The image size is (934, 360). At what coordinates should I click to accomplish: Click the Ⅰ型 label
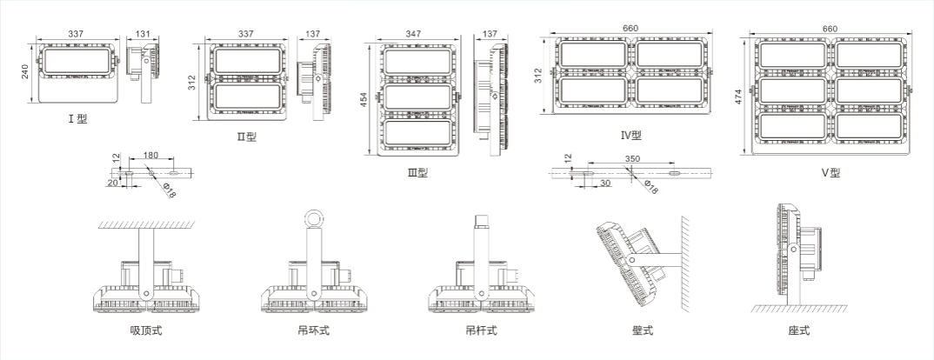coord(77,118)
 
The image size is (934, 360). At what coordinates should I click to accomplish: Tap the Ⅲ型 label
coord(417,172)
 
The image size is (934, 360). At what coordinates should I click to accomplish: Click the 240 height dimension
coord(26,70)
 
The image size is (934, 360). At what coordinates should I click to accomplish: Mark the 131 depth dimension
coord(142,35)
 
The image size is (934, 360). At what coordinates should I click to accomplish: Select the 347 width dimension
coord(413,34)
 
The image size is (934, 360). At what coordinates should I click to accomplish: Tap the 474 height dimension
coord(737,95)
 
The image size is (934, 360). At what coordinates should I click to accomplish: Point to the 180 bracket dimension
coord(150,156)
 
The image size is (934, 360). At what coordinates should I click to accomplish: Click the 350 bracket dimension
coord(632,159)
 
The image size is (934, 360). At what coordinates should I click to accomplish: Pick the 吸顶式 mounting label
coord(146,330)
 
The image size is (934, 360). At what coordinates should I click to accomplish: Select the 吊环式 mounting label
coord(313,330)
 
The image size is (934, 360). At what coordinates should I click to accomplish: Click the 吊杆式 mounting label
coord(480,330)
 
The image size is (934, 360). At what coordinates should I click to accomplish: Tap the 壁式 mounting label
coord(643,330)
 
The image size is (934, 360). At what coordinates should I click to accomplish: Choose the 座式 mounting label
coord(799,330)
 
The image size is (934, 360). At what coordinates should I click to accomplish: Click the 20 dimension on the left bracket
coord(113,183)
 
